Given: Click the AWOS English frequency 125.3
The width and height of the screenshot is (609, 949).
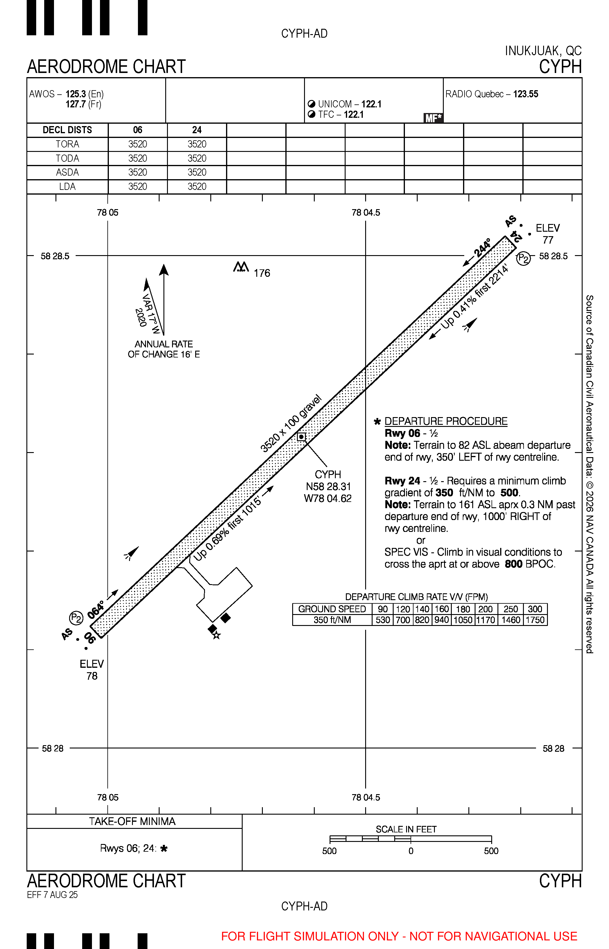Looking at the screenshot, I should [x=76, y=94].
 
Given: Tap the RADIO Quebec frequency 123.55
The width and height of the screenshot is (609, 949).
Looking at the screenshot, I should [x=526, y=94].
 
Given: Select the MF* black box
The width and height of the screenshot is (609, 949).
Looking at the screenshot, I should [x=433, y=118].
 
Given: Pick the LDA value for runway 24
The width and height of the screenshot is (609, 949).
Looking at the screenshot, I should [x=197, y=187].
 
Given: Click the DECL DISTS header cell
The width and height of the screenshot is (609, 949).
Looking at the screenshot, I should [x=67, y=130].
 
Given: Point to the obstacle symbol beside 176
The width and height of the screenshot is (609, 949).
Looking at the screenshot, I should [x=241, y=267].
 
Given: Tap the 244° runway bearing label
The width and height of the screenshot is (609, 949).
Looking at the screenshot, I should [x=482, y=248].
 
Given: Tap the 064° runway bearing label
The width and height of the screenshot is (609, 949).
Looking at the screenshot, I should [x=96, y=610].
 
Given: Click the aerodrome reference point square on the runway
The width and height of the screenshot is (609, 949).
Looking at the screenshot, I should [x=301, y=437].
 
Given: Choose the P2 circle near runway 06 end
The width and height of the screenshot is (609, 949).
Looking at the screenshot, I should [x=76, y=618].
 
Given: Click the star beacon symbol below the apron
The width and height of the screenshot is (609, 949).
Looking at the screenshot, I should [x=216, y=635].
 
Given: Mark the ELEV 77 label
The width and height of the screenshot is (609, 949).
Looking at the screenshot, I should [x=548, y=234].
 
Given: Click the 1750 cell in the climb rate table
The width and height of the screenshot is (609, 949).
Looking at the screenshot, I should [x=535, y=620].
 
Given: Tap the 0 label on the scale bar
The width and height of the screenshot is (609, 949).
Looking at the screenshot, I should [x=411, y=851].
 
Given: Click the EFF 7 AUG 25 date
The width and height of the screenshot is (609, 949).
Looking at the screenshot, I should [x=52, y=895].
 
